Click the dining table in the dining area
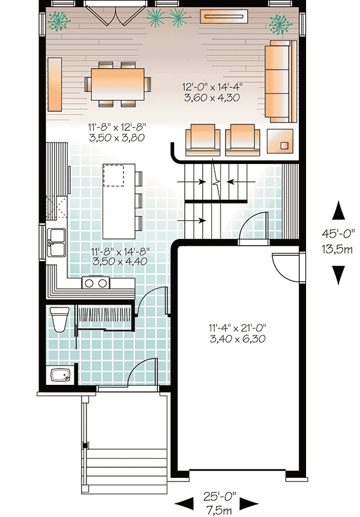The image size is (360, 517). [x=118, y=84]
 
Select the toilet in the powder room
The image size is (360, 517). [x=59, y=319]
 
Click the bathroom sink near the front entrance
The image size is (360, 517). [x=61, y=375]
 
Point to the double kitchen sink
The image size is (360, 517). [x=56, y=243]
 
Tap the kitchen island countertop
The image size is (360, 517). [x=119, y=201]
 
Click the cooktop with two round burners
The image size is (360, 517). [x=96, y=283]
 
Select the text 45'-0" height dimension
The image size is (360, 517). [x=338, y=234]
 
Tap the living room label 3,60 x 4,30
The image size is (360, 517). [x=212, y=98]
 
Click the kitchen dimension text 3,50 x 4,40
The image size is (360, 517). [x=120, y=261]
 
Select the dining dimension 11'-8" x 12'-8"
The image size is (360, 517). [x=116, y=127]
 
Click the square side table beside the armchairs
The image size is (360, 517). [x=280, y=141]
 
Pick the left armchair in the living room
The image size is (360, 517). [x=203, y=140]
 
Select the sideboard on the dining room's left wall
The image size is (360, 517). [x=55, y=85]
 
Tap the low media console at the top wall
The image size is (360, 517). [x=224, y=16]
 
